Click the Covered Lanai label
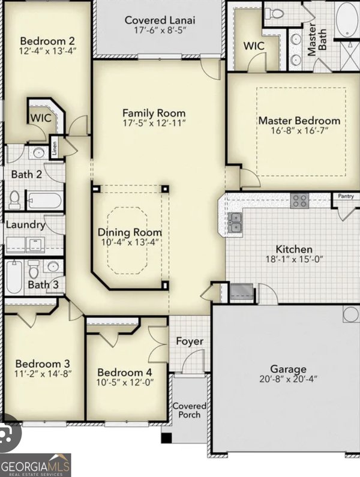click(160, 20)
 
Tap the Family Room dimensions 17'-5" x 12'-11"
click(154, 124)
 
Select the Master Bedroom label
click(299, 121)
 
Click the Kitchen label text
click(293, 249)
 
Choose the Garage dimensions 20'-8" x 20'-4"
click(289, 379)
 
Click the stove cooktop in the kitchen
click(300, 201)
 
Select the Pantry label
click(345, 196)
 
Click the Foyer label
click(189, 341)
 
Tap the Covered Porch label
click(190, 410)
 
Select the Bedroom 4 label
click(125, 371)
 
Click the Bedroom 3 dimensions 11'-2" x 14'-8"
click(43, 374)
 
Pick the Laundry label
click(25, 225)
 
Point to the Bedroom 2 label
click(47, 40)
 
